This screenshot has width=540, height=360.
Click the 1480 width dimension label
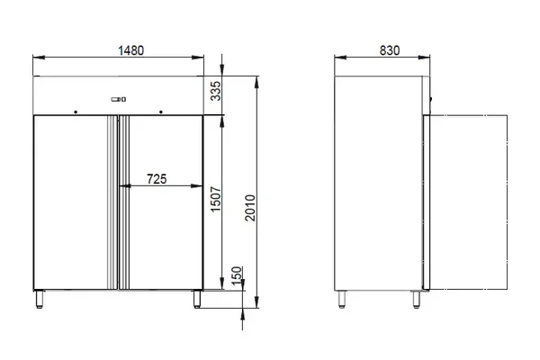(130, 50)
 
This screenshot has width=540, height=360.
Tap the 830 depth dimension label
(390, 50)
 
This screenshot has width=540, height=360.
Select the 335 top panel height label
(216, 91)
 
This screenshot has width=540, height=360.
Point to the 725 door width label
(157, 179)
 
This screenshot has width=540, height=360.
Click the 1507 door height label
(216, 199)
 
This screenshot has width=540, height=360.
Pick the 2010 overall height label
(250, 208)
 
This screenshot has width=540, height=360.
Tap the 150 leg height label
(237, 275)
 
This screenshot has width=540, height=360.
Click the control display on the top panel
(119, 99)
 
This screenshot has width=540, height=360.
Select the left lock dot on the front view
(76, 112)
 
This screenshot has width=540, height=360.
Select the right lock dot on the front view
(161, 112)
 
